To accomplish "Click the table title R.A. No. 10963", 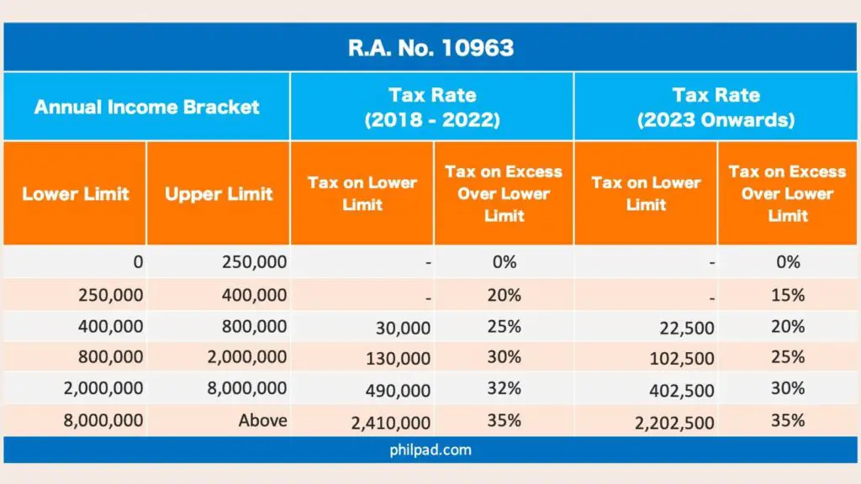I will (x=430, y=47).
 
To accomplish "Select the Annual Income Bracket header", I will (x=146, y=107).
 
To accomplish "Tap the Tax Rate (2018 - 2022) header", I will (x=432, y=107).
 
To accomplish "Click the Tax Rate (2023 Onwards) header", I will (x=716, y=107).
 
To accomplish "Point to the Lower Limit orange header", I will (x=76, y=193).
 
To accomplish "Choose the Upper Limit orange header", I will (x=219, y=193).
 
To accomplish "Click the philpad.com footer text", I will (x=430, y=450).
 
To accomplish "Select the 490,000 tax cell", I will (x=398, y=391).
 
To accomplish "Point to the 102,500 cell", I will (x=682, y=360).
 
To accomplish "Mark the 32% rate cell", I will (x=504, y=388).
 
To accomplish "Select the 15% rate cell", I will (x=788, y=295).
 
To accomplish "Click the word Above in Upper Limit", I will (x=262, y=420).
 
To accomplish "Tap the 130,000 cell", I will (x=398, y=360).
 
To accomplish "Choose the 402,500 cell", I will (x=682, y=391).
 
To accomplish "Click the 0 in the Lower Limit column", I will (x=137, y=262).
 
